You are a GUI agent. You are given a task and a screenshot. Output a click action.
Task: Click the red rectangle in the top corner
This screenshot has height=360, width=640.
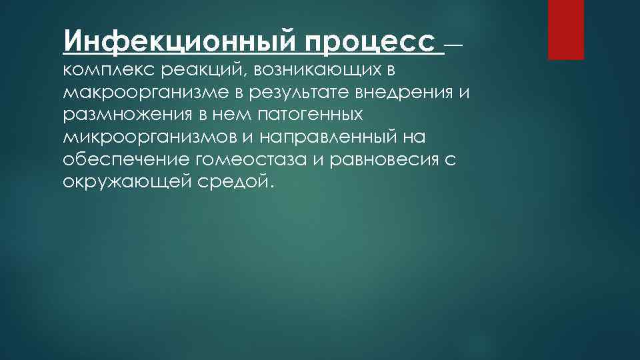point(565,29)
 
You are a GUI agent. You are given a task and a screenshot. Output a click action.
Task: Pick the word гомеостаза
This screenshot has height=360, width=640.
point(238,161)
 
